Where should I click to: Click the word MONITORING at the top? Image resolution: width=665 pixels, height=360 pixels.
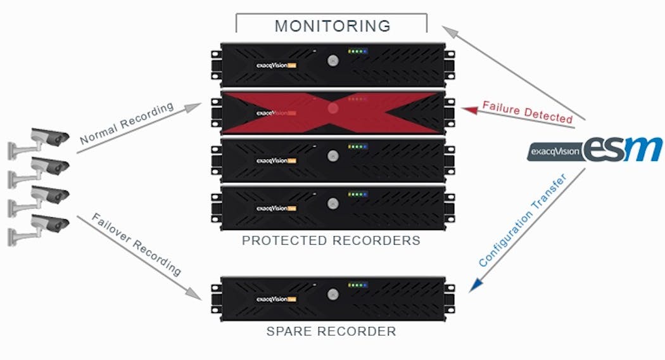point(332,26)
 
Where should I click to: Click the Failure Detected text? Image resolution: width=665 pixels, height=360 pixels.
point(527,111)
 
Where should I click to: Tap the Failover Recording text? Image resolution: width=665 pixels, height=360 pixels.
point(136,245)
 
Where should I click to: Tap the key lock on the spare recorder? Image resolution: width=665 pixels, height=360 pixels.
point(332,294)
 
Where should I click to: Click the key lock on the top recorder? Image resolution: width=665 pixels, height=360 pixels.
point(332,60)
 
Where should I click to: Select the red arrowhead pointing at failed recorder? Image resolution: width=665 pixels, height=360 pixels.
point(468,110)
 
